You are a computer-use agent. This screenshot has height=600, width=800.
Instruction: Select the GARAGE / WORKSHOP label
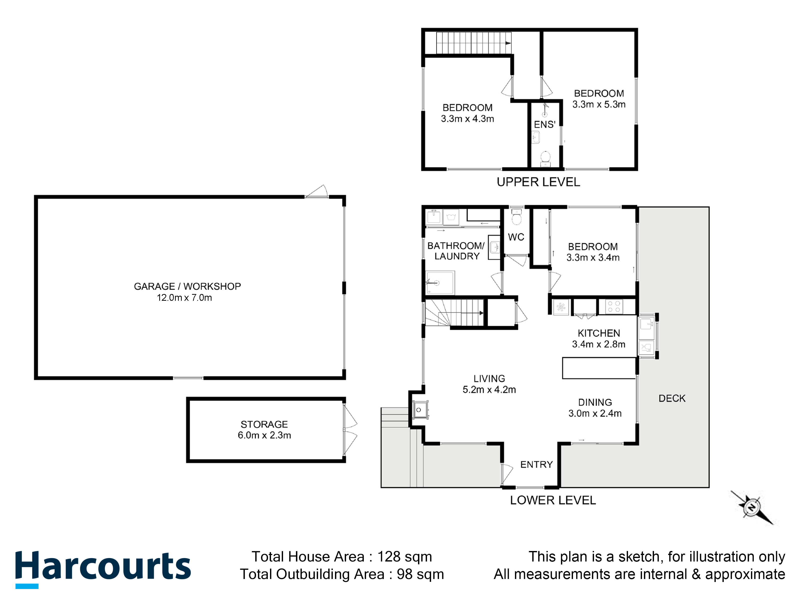tap(187, 286)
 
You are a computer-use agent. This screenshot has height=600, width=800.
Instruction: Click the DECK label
tap(672, 398)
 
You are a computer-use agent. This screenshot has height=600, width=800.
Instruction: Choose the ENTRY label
tap(536, 464)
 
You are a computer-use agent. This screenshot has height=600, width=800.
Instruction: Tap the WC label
tap(516, 237)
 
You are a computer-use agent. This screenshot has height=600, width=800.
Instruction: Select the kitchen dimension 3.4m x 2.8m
tap(598, 344)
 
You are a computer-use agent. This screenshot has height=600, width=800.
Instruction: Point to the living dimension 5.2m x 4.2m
tap(489, 389)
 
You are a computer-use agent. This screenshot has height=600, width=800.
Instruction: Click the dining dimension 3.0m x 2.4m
tap(595, 413)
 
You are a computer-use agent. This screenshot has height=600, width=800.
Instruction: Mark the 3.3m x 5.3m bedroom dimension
tap(599, 104)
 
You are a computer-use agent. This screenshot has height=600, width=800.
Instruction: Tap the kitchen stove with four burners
tap(614, 307)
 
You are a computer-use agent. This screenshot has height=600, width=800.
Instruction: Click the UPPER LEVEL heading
tap(538, 182)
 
